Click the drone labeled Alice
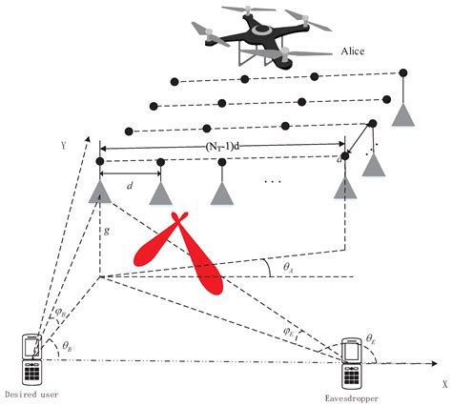(249, 36)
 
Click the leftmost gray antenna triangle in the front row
(99, 193)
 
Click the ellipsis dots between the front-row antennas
(274, 180)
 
